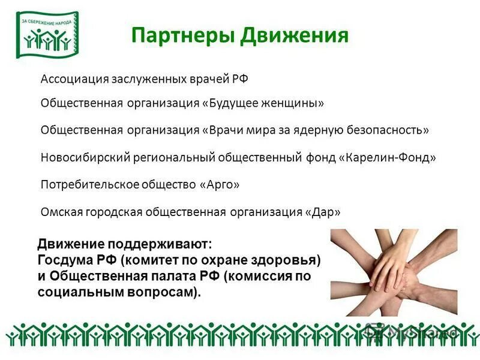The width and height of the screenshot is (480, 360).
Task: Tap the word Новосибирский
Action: [x=77, y=157]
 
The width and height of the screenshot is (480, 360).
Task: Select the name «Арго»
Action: [x=218, y=184]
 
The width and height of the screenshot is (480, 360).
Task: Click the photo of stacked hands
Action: [x=394, y=272]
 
